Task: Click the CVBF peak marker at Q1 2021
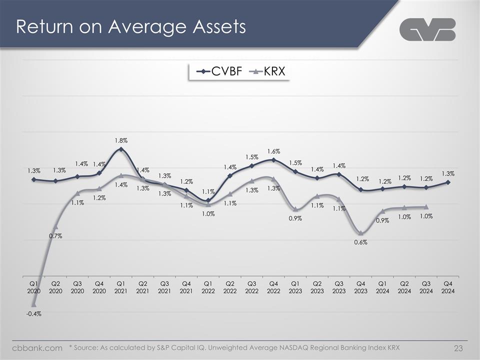point(121,149)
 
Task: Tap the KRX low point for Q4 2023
point(360,233)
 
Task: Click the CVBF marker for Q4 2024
point(448,182)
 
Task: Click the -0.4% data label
point(33,314)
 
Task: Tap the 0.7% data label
point(55,236)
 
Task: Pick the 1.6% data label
point(273,151)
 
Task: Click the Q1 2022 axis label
point(208,287)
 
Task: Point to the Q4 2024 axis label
point(448,287)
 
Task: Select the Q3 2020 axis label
point(77,287)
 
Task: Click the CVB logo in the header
point(427,29)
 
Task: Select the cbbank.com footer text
point(37,347)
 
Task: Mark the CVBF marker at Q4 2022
point(273,160)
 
